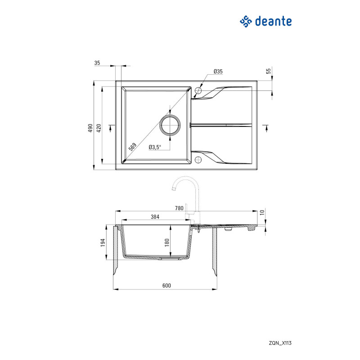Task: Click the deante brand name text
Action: coord(273,21)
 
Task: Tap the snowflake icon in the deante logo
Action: coord(245,21)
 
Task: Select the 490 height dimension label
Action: coord(90,128)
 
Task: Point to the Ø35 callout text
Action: coord(218,72)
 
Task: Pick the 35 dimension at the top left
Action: coord(97,63)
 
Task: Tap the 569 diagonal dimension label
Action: coord(132,147)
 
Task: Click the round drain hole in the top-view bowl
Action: coord(171,124)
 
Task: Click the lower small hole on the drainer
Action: coord(198,158)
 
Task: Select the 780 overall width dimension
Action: coord(179,208)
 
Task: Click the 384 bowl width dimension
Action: coord(155,217)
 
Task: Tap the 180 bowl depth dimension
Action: coord(167,243)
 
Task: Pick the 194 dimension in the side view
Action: coord(103,243)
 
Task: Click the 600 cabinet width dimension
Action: coord(166,286)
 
